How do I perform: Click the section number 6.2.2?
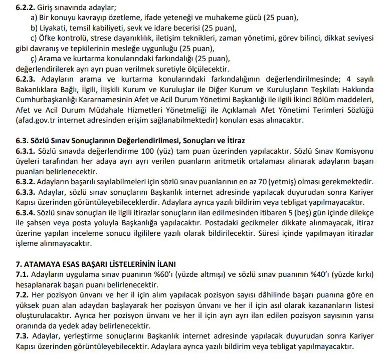pos(25,7)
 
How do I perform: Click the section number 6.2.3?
pos(25,79)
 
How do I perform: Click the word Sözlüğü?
pos(361,110)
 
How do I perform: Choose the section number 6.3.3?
pos(25,192)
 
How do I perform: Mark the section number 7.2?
pos(22,295)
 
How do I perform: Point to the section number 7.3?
pos(22,336)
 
